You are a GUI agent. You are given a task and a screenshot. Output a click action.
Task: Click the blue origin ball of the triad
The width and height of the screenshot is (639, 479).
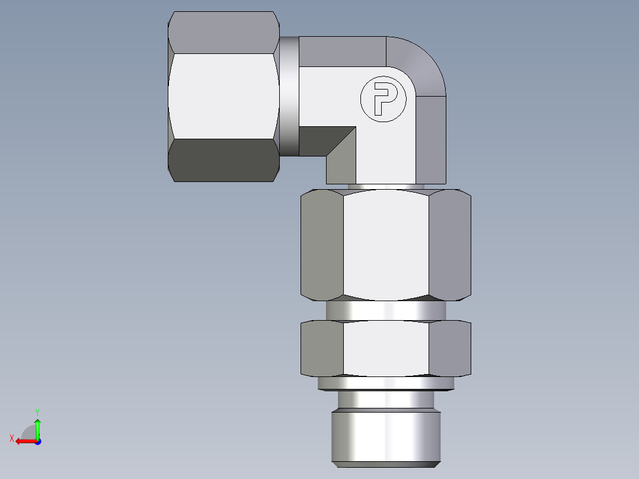pyautogui.click(x=37, y=441)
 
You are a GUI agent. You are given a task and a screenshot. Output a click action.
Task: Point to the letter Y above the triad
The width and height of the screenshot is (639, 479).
pyautogui.click(x=37, y=411)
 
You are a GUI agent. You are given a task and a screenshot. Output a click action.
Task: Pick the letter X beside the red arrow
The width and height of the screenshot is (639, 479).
pyautogui.click(x=11, y=438)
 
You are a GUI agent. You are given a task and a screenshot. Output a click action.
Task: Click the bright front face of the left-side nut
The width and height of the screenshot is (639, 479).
pyautogui.click(x=223, y=96)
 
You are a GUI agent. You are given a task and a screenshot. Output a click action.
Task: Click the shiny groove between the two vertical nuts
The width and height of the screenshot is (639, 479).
pyautogui.click(x=386, y=310)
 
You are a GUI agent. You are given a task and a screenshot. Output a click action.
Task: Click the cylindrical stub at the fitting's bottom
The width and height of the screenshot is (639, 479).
pyautogui.click(x=386, y=436)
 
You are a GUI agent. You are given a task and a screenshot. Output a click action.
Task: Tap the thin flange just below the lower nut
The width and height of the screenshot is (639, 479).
pyautogui.click(x=386, y=384)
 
